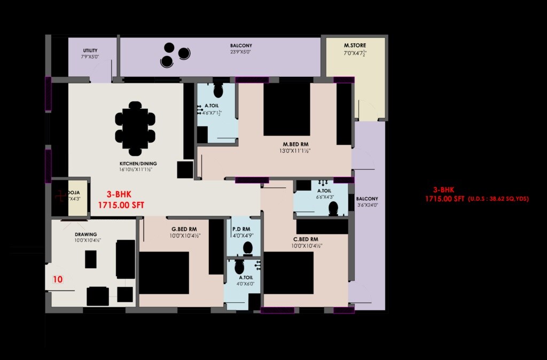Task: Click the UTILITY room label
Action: point(90,51)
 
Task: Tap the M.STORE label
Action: point(355,45)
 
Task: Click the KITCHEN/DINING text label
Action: point(138,163)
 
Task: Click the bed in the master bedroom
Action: point(287,109)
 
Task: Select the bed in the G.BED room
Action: point(164,272)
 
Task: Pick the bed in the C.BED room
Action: point(288,272)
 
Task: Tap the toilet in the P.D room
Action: point(247,248)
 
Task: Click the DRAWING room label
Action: point(85,234)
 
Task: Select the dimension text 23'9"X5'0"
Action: point(240,53)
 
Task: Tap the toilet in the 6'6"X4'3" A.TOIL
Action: point(334,208)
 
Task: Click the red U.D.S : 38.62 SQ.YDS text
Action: point(498,199)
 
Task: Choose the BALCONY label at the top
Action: point(241,46)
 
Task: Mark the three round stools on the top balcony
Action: point(175,54)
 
